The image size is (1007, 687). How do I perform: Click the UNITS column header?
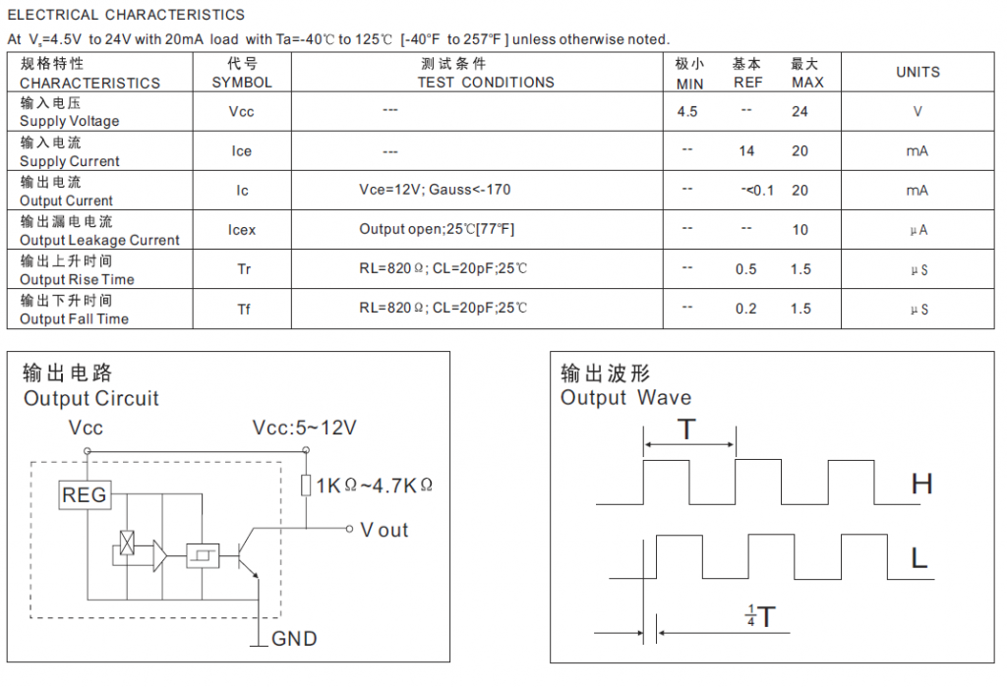click(918, 72)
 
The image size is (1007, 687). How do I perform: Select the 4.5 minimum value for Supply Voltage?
click(687, 112)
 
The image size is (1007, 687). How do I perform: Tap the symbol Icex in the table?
click(242, 230)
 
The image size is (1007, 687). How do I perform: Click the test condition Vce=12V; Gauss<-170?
click(435, 190)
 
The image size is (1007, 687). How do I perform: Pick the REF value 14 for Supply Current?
click(746, 151)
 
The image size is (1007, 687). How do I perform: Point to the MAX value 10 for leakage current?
click(800, 230)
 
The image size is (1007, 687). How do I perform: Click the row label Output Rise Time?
click(77, 279)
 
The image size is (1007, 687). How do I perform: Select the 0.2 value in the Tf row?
click(746, 309)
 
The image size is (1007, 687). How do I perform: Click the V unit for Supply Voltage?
click(918, 112)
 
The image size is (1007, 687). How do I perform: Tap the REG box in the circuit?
click(85, 495)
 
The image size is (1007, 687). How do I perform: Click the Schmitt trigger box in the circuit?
click(203, 555)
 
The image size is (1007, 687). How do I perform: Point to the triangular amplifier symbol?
click(159, 555)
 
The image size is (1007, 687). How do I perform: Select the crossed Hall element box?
click(127, 544)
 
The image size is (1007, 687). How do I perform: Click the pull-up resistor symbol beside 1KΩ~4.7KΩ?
click(307, 485)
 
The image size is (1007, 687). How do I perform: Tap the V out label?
click(385, 531)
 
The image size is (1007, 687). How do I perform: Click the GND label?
click(294, 639)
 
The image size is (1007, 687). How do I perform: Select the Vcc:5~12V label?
click(305, 428)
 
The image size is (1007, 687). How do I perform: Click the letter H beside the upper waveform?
click(921, 485)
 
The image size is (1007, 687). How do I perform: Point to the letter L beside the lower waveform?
click(919, 558)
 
